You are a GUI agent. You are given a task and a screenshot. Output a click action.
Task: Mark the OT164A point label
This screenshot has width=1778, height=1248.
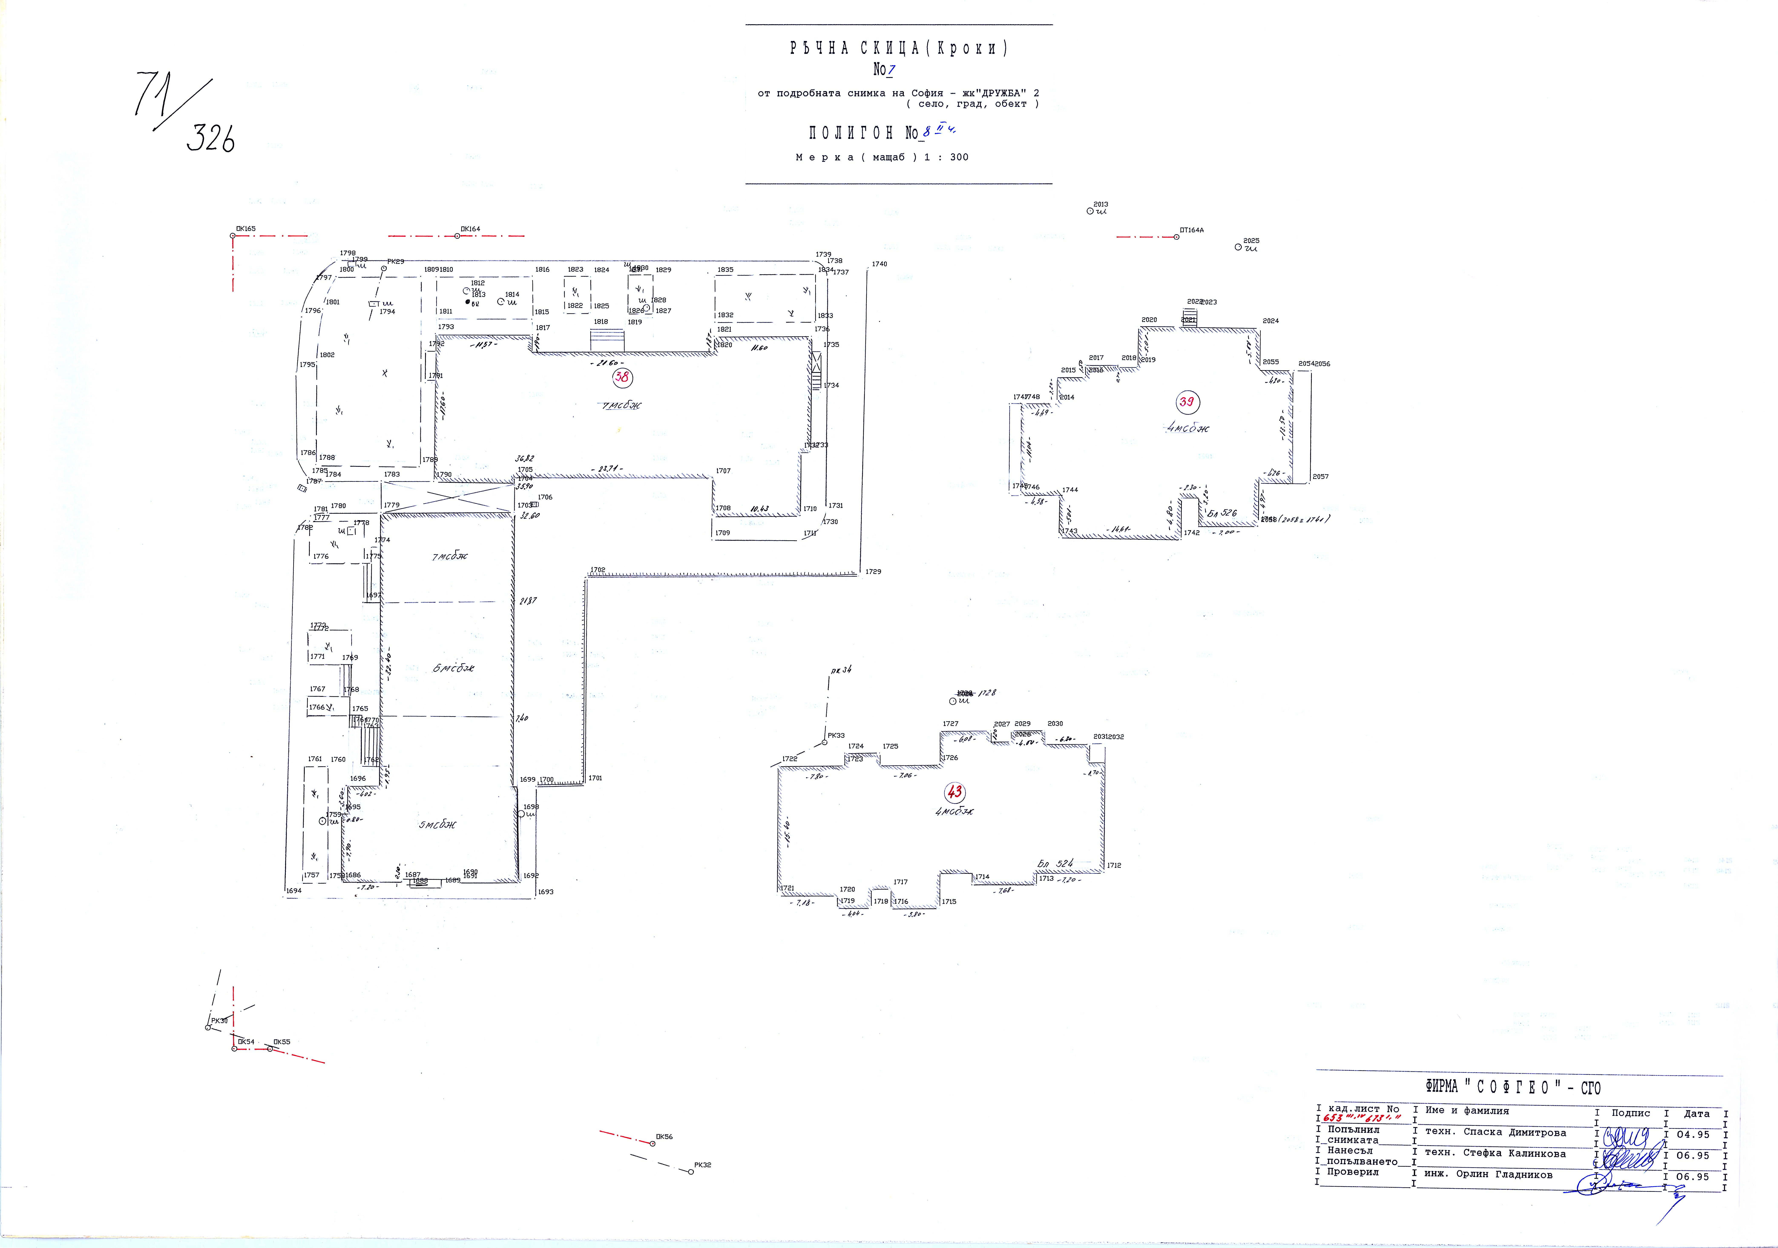click(1192, 230)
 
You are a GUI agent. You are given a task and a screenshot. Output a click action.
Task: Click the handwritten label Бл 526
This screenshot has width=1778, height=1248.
click(1222, 513)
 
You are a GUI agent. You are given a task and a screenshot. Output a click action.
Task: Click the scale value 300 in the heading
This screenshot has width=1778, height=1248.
click(959, 157)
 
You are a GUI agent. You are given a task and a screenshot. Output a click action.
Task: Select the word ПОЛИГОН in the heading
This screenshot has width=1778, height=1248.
click(850, 133)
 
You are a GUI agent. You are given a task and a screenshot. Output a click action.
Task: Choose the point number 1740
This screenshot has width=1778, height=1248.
click(879, 264)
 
